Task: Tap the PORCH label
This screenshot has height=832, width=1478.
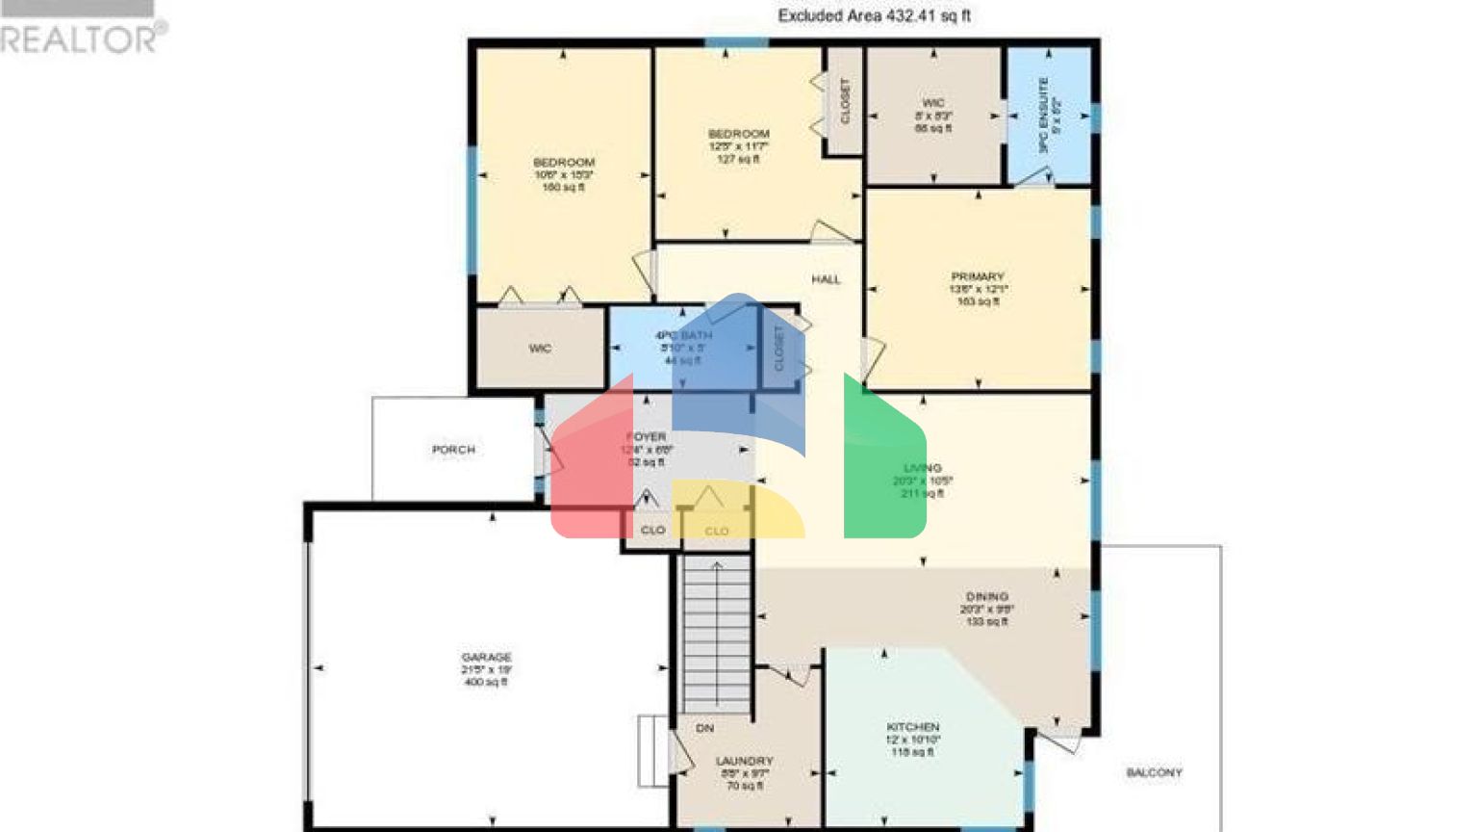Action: click(453, 450)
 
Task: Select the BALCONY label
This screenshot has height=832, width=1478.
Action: click(1154, 772)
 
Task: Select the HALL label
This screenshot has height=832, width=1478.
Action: click(826, 279)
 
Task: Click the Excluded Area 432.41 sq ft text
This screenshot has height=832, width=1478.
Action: click(874, 15)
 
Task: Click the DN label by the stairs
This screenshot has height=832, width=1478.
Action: click(704, 728)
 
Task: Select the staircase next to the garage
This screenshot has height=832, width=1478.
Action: click(716, 636)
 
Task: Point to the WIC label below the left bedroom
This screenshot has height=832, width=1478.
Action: click(540, 348)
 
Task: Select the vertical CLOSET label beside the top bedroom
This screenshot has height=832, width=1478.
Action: click(845, 101)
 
